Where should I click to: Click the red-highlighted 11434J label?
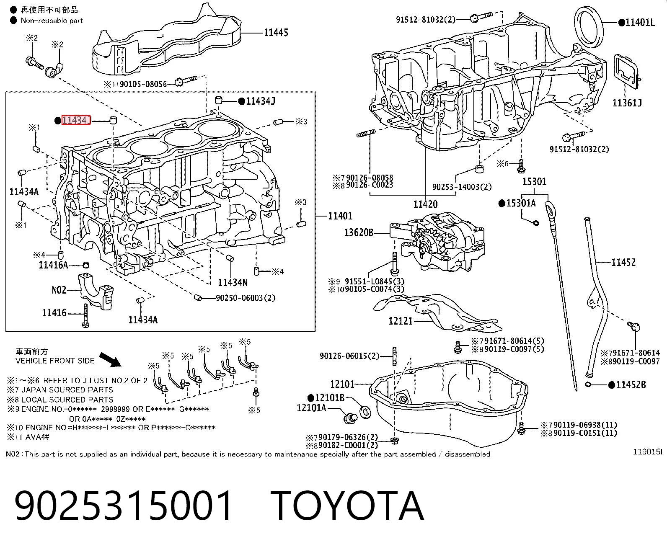76,120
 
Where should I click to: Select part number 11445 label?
276,33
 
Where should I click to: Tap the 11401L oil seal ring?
589,27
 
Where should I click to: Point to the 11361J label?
627,103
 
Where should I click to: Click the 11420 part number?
425,204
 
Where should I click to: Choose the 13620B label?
358,232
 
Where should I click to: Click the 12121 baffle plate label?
400,321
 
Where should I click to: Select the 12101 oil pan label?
342,384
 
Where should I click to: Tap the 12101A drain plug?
351,418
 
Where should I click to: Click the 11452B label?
631,385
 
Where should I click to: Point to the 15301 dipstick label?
534,182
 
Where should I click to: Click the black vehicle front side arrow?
110,359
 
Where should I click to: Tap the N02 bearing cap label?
59,290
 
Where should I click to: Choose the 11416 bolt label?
54,312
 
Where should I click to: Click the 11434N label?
233,282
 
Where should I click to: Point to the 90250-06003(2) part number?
246,298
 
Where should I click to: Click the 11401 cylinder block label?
341,216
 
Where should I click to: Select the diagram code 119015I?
648,452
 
